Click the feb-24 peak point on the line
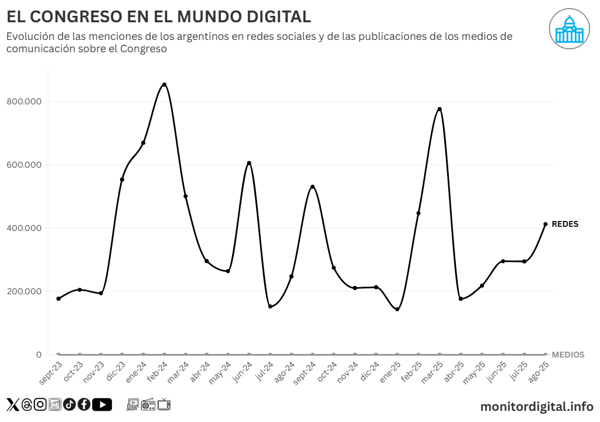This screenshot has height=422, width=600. point(164,84)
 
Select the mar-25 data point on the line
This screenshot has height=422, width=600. point(439,109)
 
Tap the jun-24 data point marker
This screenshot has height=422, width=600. point(249,163)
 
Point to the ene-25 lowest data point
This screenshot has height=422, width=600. point(397,309)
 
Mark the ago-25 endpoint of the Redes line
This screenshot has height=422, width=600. point(546,224)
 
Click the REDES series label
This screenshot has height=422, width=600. point(565,224)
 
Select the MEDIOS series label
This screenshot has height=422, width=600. point(568,355)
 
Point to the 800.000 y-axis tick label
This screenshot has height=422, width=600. point(24,101)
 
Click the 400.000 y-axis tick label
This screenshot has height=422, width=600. point(24,228)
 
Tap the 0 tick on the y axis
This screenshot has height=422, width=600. point(39,355)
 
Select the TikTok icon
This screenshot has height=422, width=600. point(69,404)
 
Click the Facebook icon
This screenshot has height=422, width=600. point(84,404)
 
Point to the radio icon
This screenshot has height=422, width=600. point(148,404)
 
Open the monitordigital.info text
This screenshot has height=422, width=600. point(537,406)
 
